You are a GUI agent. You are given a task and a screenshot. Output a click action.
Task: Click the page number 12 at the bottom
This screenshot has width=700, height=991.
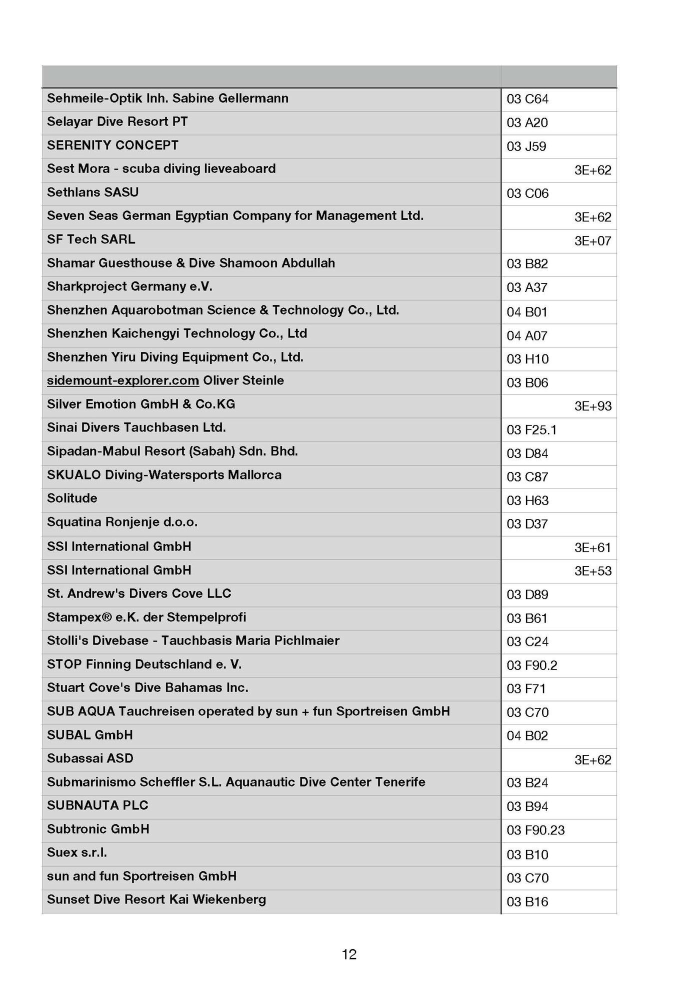click(x=349, y=954)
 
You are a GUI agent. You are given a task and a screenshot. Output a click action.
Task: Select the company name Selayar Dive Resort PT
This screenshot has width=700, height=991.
click(x=117, y=121)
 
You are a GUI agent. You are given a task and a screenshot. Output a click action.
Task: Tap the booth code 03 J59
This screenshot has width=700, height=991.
click(x=526, y=146)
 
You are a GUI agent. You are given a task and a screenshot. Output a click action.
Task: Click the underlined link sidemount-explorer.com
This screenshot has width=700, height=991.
click(x=123, y=380)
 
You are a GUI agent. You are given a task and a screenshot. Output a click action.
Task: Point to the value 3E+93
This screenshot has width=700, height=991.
click(x=592, y=406)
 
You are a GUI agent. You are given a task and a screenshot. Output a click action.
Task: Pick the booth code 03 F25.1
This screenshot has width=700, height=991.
click(x=531, y=429)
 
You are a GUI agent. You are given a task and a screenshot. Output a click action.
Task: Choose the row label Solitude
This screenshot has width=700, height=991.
click(x=72, y=498)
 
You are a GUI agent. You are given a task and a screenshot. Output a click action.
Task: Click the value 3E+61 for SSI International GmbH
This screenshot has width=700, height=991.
click(x=592, y=547)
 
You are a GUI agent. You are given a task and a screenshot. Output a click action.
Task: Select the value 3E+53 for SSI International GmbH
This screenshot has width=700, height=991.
click(x=592, y=570)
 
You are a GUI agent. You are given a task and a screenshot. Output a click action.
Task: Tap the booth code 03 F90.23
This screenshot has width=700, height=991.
click(x=535, y=830)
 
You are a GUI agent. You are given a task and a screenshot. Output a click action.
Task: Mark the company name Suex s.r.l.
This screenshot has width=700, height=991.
click(x=77, y=852)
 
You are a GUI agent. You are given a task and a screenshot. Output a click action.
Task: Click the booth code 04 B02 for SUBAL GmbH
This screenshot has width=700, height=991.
click(x=527, y=735)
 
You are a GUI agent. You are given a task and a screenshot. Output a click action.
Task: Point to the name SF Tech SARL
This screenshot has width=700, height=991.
click(x=91, y=239)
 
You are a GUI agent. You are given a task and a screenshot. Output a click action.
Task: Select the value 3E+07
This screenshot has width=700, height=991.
click(x=592, y=241)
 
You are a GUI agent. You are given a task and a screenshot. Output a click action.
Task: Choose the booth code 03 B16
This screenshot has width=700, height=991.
click(x=527, y=901)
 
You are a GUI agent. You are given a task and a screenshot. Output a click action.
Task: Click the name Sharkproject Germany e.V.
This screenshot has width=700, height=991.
click(x=129, y=286)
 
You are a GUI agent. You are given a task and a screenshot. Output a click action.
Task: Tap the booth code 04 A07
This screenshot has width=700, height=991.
click(x=527, y=335)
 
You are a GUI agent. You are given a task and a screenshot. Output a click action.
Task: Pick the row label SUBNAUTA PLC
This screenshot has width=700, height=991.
click(x=97, y=805)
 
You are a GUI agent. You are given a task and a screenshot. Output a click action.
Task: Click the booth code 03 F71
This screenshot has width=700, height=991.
click(x=526, y=688)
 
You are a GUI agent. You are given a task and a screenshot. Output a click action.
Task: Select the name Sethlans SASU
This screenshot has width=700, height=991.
click(x=93, y=192)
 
